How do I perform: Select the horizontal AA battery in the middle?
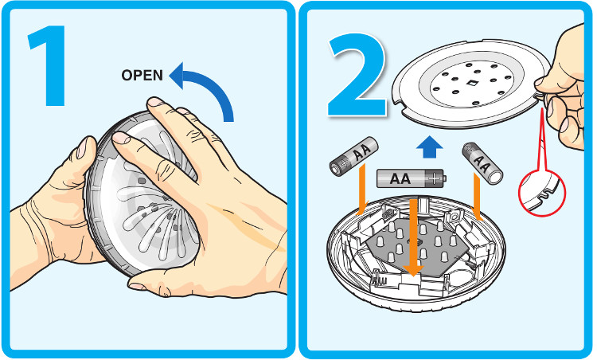(x=411, y=178)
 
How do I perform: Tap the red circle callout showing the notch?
(x=541, y=192)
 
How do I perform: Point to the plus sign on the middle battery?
(x=435, y=178)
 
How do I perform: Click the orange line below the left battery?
(x=361, y=196)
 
